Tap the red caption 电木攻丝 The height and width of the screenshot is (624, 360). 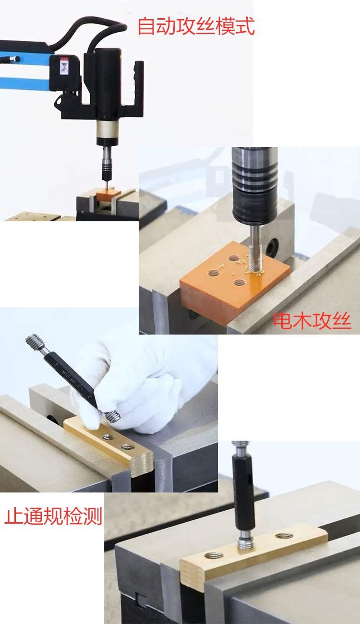312,321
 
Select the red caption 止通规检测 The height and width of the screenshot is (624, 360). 54,517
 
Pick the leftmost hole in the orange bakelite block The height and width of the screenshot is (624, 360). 212,274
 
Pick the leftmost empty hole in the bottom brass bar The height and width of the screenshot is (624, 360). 212,555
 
